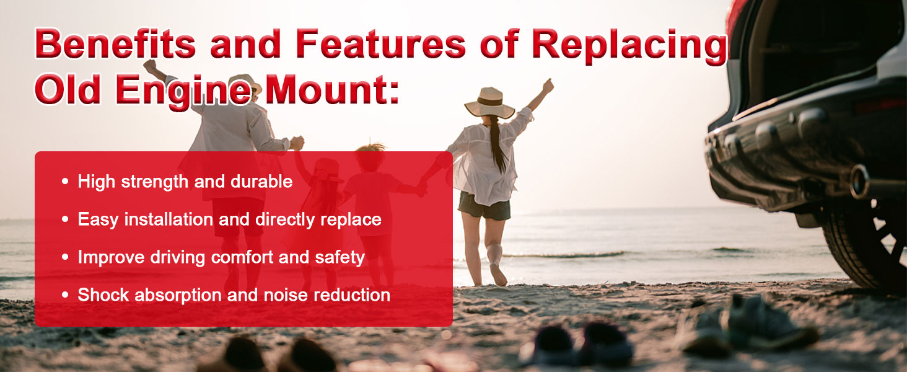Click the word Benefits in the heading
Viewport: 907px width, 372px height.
pyautogui.click(x=115, y=43)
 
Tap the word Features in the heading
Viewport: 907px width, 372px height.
pyautogui.click(x=380, y=43)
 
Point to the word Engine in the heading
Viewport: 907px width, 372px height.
pyautogui.click(x=183, y=91)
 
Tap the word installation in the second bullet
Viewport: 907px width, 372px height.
pyautogui.click(x=169, y=219)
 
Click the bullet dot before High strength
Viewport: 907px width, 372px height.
pyautogui.click(x=65, y=182)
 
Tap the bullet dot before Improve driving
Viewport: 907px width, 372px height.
pyautogui.click(x=65, y=257)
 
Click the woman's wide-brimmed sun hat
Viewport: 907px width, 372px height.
pyautogui.click(x=489, y=102)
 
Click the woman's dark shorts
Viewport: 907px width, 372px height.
pyautogui.click(x=484, y=206)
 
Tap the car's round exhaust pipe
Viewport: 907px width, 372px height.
pyautogui.click(x=859, y=182)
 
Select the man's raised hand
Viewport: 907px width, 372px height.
pyautogui.click(x=150, y=65)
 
